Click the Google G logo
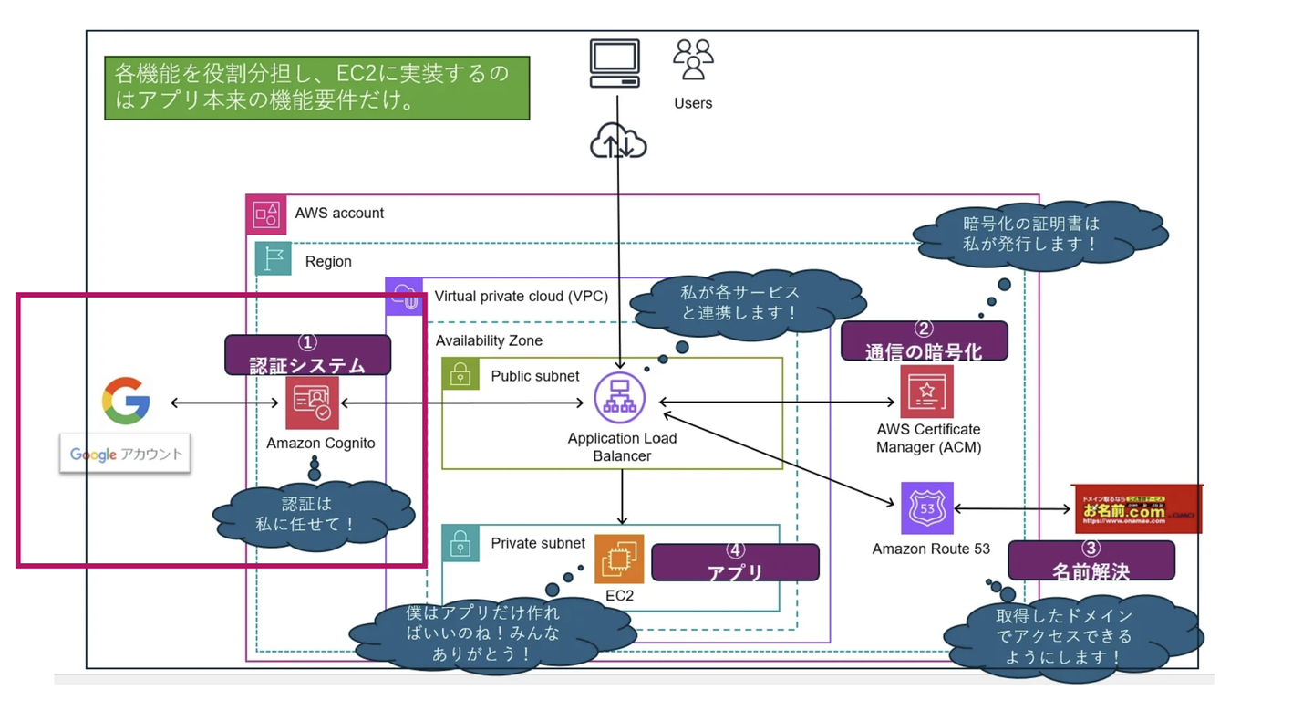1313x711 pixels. coord(126,403)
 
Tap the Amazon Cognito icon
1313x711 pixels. coord(312,403)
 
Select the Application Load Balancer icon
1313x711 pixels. coord(620,399)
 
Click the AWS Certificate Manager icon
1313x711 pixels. coord(927,391)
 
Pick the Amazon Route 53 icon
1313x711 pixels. coord(927,508)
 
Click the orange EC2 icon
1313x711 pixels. coord(619,559)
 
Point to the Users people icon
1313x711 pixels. coord(693,60)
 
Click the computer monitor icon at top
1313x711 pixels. coord(615,63)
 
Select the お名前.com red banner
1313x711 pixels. coord(1137,509)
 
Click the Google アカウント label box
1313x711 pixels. coord(125,454)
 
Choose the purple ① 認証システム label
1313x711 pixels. coord(308,355)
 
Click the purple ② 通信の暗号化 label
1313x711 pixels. coord(925,341)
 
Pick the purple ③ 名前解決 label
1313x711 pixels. coord(1091,560)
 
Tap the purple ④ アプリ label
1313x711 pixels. coord(735,562)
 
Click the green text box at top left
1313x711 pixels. coord(316,89)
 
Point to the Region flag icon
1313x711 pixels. coord(273,260)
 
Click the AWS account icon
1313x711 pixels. coord(266,214)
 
